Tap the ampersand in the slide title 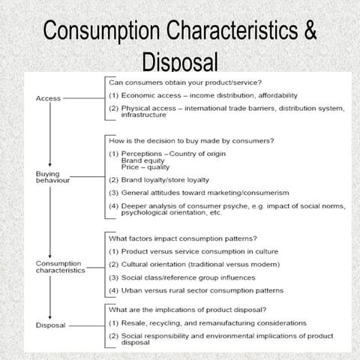[x=307, y=34]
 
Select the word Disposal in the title [x=179, y=62]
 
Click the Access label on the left [x=48, y=98]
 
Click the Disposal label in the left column [x=51, y=325]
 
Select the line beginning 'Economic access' [x=202, y=96]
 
